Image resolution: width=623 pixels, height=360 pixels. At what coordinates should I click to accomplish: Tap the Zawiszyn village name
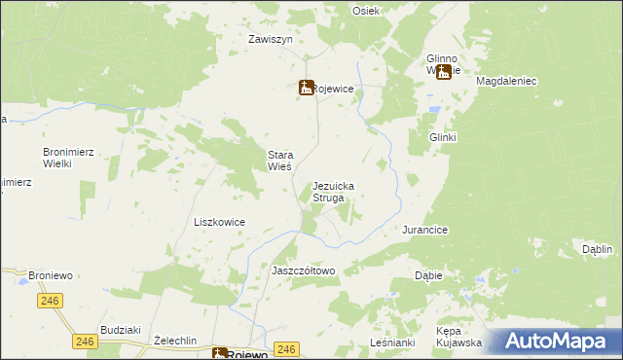(x=271, y=40)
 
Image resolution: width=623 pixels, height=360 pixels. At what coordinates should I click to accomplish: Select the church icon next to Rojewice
(x=306, y=88)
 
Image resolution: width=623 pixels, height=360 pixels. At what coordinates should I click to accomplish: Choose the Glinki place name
(x=443, y=137)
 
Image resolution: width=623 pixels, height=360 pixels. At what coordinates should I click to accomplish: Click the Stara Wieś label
(x=287, y=161)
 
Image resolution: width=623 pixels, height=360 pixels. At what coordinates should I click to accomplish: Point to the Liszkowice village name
(x=219, y=222)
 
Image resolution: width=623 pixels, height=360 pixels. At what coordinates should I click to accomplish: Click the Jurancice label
(x=424, y=230)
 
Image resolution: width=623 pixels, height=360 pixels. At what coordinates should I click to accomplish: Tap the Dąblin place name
(x=597, y=249)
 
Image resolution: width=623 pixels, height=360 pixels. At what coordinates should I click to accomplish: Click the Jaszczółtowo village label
(x=303, y=270)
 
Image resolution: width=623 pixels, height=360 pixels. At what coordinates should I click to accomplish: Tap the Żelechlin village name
(x=175, y=341)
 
